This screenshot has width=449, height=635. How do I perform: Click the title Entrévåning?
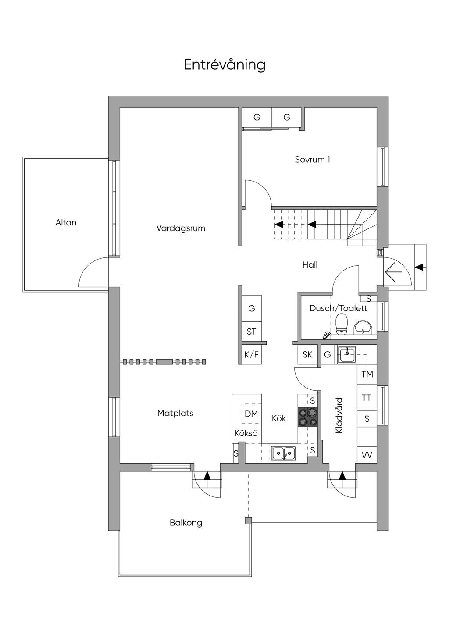(x=224, y=64)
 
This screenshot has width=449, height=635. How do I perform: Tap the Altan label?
(x=66, y=222)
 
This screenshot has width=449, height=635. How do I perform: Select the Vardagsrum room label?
(x=181, y=228)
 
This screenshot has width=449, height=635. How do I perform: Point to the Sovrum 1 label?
(x=312, y=159)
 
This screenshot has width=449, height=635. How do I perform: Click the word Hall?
(x=310, y=264)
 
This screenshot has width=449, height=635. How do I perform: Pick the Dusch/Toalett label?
(x=338, y=308)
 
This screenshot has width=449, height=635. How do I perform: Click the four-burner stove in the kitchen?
(x=307, y=417)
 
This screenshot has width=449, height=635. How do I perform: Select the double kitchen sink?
(x=283, y=453)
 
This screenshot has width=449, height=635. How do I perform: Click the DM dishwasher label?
(x=251, y=414)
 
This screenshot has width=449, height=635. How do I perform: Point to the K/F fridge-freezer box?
(x=251, y=355)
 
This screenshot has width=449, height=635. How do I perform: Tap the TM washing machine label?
(x=367, y=374)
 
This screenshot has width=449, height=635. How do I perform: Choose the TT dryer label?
(x=367, y=398)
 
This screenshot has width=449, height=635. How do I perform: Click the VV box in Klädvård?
(x=367, y=455)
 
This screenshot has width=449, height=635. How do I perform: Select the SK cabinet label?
(x=307, y=354)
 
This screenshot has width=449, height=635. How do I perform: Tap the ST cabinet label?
(x=251, y=332)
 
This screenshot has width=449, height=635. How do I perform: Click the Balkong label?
(x=186, y=523)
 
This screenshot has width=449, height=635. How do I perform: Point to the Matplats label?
(x=175, y=413)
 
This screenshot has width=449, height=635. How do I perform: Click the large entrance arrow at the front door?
(x=393, y=272)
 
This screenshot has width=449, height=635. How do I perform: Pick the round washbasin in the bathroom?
(x=363, y=327)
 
